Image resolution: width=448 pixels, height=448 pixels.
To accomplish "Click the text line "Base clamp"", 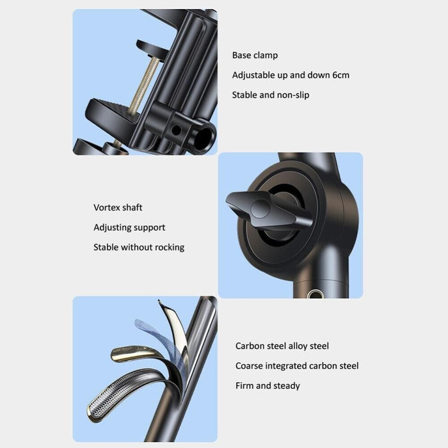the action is tap(255, 55).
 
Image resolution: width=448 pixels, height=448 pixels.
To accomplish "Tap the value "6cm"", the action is tap(340, 75).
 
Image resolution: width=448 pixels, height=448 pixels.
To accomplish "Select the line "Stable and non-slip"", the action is tap(271, 95).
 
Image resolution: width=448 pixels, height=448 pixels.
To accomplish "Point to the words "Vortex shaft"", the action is tap(118, 207).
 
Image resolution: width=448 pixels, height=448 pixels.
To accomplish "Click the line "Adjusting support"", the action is tap(129, 227).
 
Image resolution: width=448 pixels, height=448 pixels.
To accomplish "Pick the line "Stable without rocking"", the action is tap(139, 247).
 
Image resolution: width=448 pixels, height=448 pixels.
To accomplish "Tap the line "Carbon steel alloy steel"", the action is tap(282, 346).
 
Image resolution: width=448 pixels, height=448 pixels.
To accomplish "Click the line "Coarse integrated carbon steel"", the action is tap(297, 366).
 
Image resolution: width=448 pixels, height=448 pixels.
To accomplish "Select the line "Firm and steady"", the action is tap(268, 386).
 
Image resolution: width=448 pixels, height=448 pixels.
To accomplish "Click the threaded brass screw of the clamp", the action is tap(144, 85).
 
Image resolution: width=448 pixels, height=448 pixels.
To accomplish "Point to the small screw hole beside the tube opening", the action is tap(176, 131).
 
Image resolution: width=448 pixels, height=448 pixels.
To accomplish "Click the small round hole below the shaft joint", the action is tap(315, 294).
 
